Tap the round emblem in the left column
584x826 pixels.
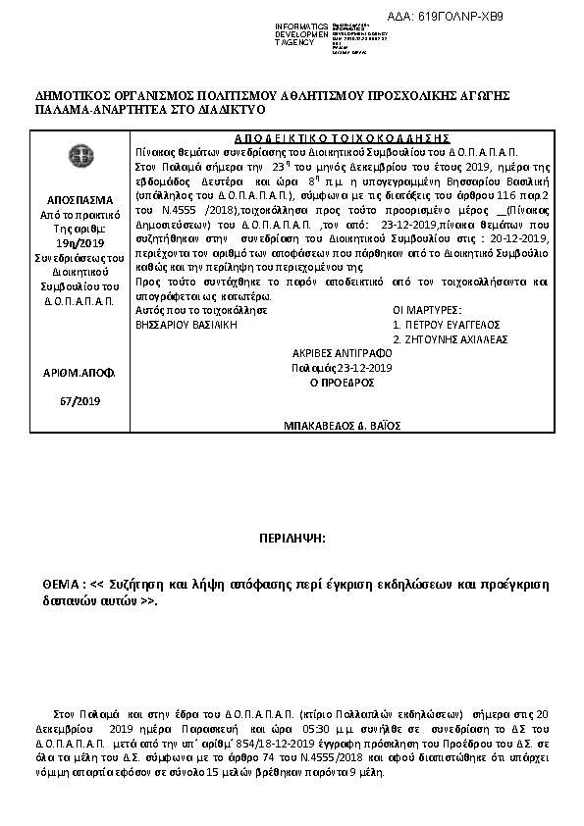coord(75,155)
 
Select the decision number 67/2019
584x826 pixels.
coord(75,400)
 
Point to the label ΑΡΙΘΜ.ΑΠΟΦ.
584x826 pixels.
coord(76,374)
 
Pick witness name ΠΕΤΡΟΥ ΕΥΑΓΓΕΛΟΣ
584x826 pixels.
coord(453,323)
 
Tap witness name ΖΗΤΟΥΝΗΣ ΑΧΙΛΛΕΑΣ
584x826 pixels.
coord(456,338)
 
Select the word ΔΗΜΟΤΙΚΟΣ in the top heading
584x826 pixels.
coord(74,96)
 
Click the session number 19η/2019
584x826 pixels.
coord(76,243)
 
